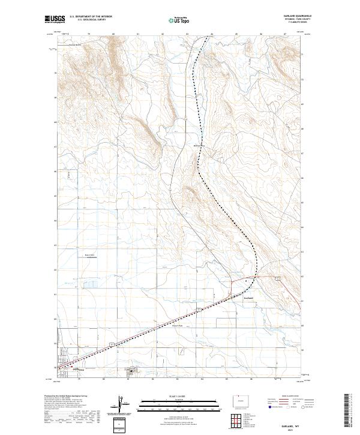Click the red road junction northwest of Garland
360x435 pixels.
(233, 280)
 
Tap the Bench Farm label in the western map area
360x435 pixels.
(89, 254)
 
